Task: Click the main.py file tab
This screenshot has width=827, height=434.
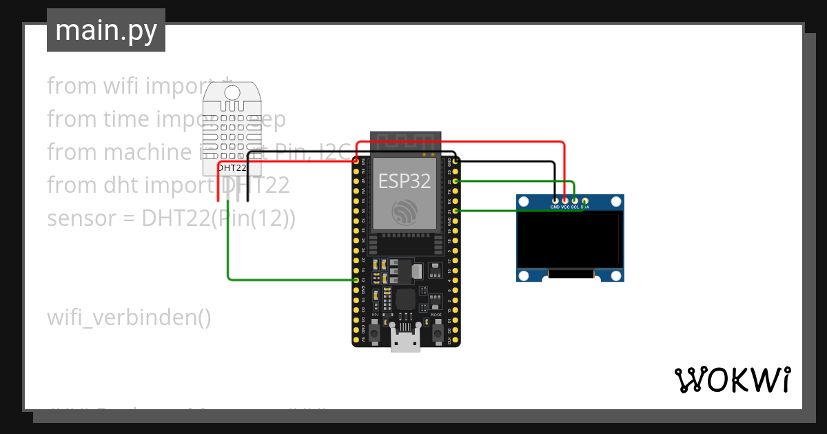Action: point(105,30)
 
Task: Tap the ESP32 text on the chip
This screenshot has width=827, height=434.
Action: point(405,180)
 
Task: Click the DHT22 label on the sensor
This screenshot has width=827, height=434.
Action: point(232,167)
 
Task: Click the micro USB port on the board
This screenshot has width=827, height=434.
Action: point(405,340)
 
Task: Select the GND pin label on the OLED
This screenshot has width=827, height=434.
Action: point(555,206)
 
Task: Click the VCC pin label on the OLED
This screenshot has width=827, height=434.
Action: point(565,206)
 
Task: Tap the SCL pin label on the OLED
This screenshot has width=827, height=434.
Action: point(575,206)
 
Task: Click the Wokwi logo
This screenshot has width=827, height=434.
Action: point(732,380)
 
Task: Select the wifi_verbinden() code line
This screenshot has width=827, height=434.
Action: point(129,318)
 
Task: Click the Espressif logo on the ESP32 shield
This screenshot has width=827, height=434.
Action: point(405,211)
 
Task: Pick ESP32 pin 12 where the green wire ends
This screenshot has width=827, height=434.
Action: point(356,280)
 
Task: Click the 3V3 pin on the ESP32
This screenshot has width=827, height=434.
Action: point(356,161)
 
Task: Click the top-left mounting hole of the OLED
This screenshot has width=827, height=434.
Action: point(524,202)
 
